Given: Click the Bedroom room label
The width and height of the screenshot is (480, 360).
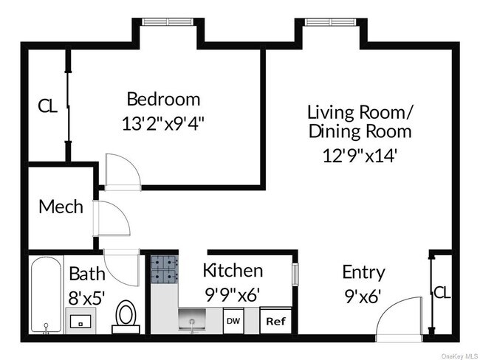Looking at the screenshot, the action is pyautogui.click(x=163, y=99).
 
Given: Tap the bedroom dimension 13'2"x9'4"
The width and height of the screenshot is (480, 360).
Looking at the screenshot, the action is pyautogui.click(x=163, y=124).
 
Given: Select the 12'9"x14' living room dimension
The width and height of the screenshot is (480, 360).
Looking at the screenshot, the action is pyautogui.click(x=360, y=156).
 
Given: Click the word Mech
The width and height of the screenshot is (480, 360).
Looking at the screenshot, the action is pyautogui.click(x=61, y=207).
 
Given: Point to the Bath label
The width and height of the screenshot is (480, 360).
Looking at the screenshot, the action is pyautogui.click(x=87, y=274).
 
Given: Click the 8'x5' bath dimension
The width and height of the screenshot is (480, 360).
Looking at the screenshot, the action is pyautogui.click(x=86, y=297).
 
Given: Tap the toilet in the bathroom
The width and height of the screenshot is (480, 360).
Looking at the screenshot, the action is pyautogui.click(x=126, y=317).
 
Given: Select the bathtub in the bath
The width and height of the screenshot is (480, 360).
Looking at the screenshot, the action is pyautogui.click(x=47, y=295).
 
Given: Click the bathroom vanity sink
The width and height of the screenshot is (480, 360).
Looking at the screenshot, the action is pyautogui.click(x=80, y=321).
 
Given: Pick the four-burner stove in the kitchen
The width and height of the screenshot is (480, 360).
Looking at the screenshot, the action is pyautogui.click(x=165, y=269).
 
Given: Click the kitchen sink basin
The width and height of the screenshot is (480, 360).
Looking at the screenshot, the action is pyautogui.click(x=192, y=319).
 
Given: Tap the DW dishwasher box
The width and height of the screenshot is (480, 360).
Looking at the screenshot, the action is pyautogui.click(x=233, y=321).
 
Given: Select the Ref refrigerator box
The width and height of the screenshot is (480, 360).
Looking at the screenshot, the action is pyautogui.click(x=275, y=321).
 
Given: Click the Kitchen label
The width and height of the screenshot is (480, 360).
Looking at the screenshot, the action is pyautogui.click(x=233, y=271).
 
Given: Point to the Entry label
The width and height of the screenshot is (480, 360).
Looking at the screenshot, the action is pyautogui.click(x=363, y=272).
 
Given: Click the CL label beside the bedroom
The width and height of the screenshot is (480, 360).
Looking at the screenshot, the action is pyautogui.click(x=47, y=105).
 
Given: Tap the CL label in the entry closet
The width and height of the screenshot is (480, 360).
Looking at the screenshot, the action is pyautogui.click(x=442, y=293).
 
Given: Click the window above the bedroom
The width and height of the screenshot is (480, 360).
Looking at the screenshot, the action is pyautogui.click(x=168, y=21).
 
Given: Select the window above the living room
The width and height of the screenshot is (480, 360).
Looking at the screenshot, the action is pyautogui.click(x=331, y=21).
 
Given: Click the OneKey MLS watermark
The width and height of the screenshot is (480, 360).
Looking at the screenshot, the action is pyautogui.click(x=460, y=356).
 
